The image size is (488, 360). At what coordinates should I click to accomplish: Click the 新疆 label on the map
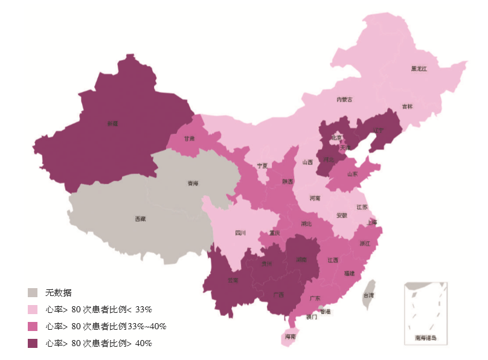click(113, 124)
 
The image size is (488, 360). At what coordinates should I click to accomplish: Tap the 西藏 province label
click(140, 219)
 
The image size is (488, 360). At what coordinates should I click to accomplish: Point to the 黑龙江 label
click(419, 69)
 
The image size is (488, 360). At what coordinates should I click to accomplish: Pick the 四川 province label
click(240, 233)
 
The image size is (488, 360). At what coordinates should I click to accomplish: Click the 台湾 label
click(368, 295)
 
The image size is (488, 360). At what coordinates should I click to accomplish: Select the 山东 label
click(353, 175)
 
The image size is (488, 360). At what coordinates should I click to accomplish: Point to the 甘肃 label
click(190, 138)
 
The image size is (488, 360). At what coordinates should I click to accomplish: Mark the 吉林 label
click(408, 107)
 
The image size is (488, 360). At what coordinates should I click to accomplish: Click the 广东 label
click(315, 298)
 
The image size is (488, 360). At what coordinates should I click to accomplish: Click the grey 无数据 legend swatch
click(33, 293)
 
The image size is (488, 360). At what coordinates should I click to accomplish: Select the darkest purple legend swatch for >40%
click(33, 343)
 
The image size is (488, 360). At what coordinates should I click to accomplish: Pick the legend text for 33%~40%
click(106, 326)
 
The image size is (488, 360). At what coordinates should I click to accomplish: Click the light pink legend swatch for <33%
click(33, 310)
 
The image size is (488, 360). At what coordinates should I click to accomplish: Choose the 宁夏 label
click(262, 165)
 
